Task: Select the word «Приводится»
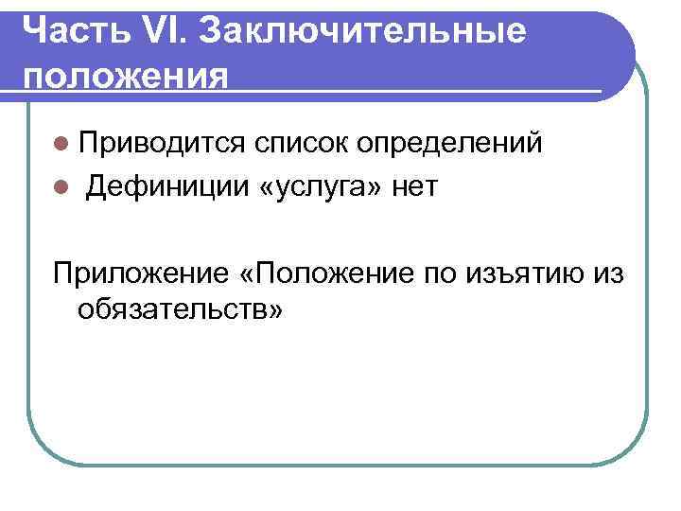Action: [x=161, y=144]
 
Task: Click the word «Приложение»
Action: [x=137, y=273]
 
